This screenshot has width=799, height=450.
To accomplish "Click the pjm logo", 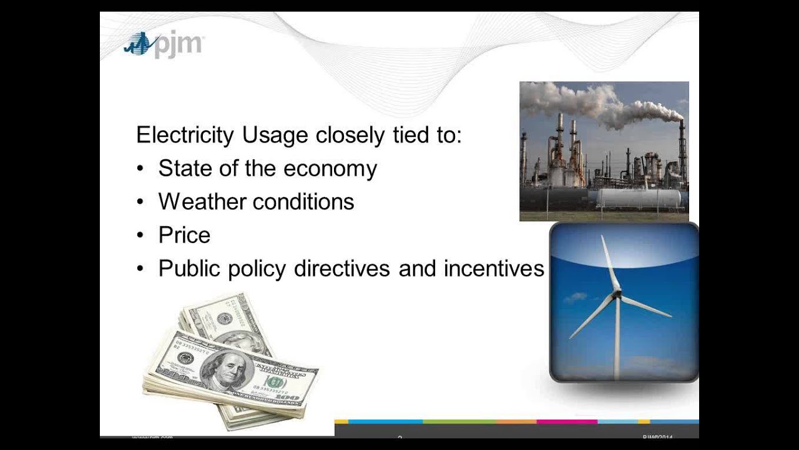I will (164, 45).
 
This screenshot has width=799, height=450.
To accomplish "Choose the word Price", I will (184, 235).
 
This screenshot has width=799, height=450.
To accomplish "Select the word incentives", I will (494, 269).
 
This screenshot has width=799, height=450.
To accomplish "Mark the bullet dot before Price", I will (141, 236).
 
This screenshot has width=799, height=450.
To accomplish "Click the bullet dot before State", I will (141, 169).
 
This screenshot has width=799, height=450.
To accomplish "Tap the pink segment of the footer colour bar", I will (567, 422).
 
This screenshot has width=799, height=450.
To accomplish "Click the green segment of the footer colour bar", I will (459, 422).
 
